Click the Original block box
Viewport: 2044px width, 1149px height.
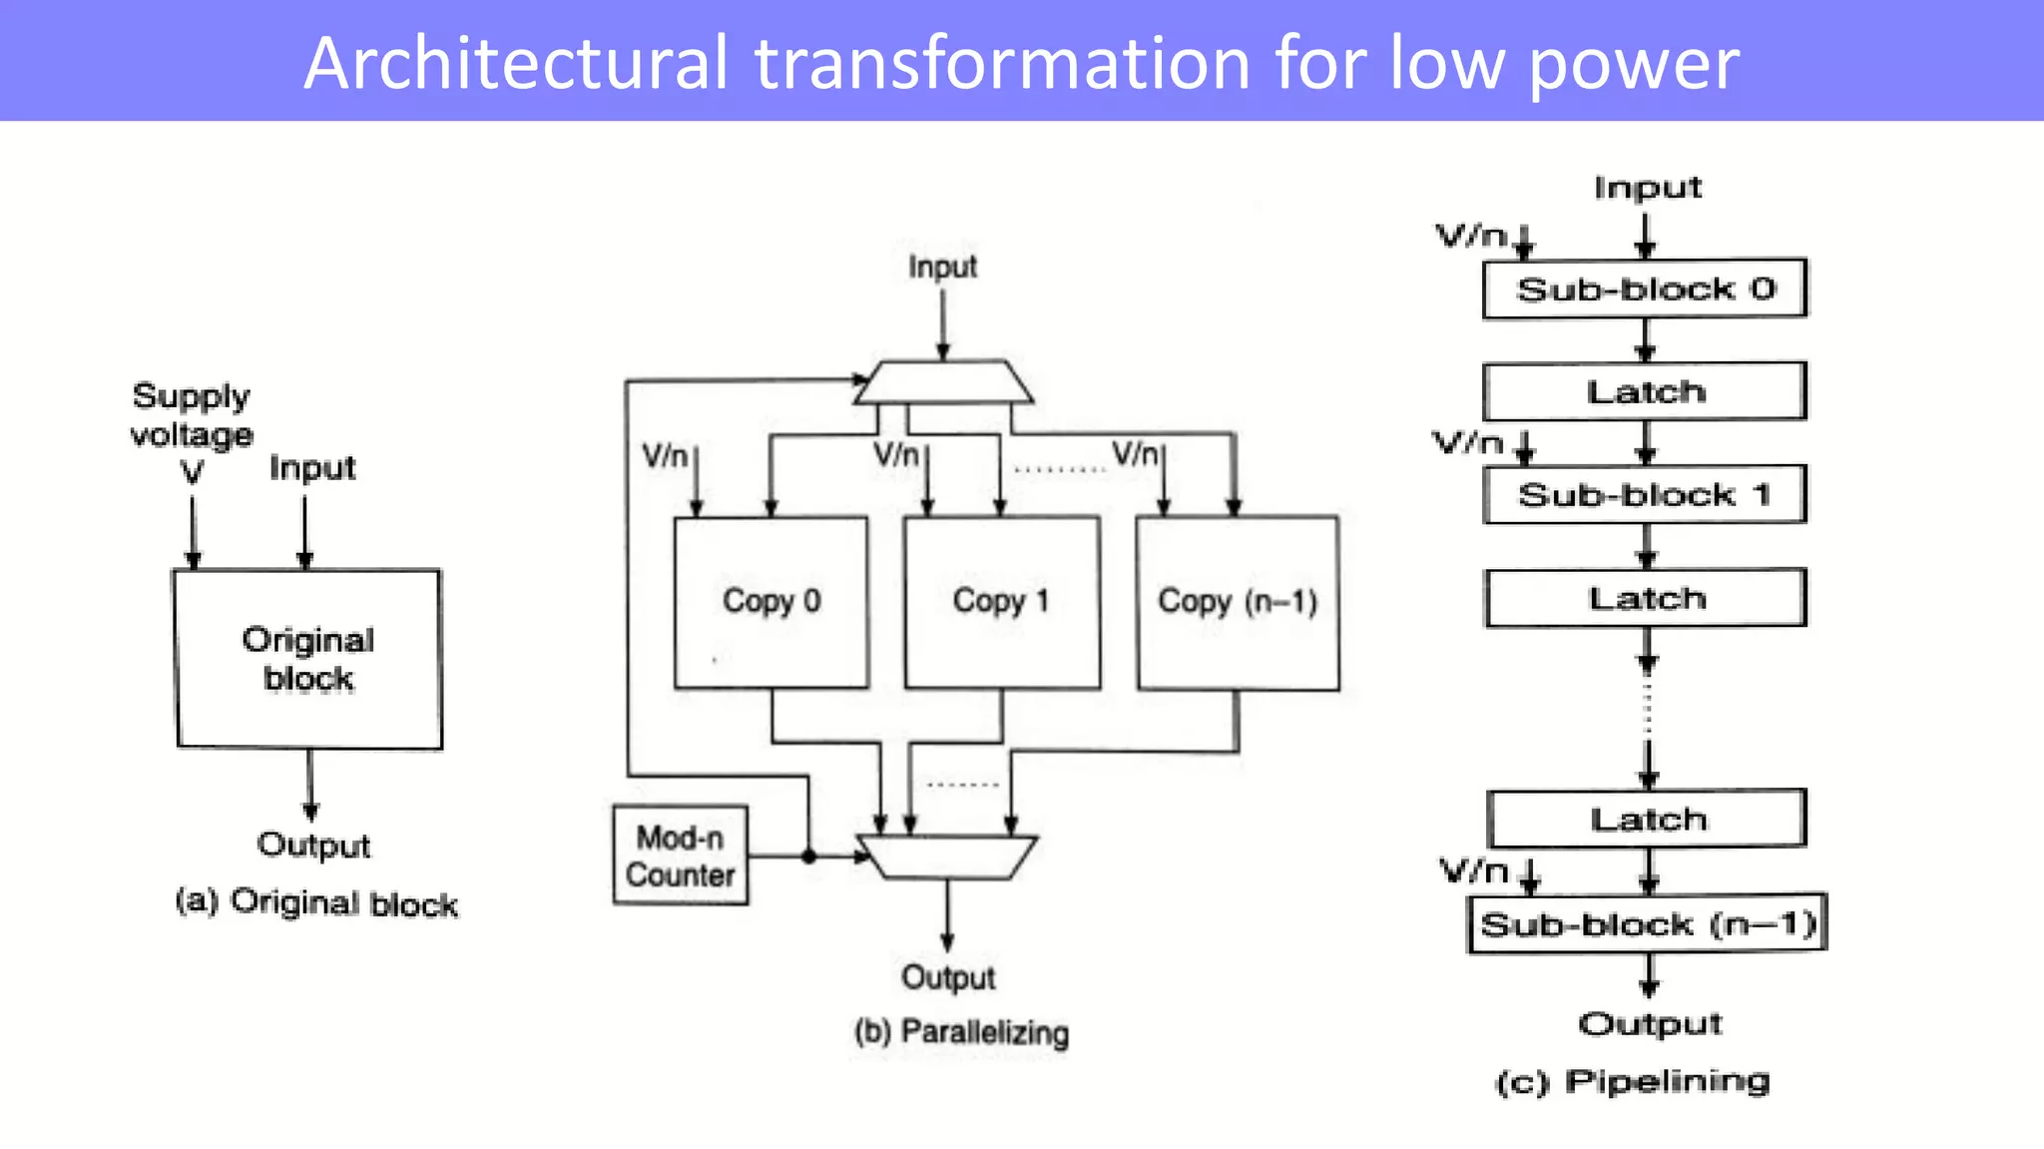pyautogui.click(x=308, y=659)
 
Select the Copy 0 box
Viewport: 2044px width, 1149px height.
pyautogui.click(x=770, y=602)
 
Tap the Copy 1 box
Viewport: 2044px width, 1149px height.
pyautogui.click(x=1001, y=602)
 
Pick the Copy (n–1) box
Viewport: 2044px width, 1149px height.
pyautogui.click(x=1237, y=602)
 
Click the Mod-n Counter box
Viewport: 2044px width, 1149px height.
pyautogui.click(x=680, y=856)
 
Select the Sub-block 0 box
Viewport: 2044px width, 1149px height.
pyautogui.click(x=1645, y=289)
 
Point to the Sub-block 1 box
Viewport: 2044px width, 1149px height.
pyautogui.click(x=1645, y=494)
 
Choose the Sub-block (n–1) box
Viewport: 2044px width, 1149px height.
pyautogui.click(x=1647, y=924)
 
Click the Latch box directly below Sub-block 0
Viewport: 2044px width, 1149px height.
pyautogui.click(x=1645, y=391)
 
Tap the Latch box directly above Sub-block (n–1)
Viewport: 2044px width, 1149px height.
pyautogui.click(x=1647, y=819)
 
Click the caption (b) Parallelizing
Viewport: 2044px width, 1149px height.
pyautogui.click(x=961, y=1031)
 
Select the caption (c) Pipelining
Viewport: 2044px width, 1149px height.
pyautogui.click(x=1633, y=1081)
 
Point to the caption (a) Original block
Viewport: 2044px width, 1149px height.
pyautogui.click(x=316, y=902)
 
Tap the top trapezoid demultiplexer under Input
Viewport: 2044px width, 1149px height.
pyautogui.click(x=942, y=382)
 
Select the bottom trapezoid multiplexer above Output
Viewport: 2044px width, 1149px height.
pyautogui.click(x=947, y=857)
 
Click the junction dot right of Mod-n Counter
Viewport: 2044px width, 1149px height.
pyautogui.click(x=808, y=857)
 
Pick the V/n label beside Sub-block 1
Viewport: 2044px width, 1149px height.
pyautogui.click(x=1468, y=442)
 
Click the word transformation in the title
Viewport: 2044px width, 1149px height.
pyautogui.click(x=1002, y=63)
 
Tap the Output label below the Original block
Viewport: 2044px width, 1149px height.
pyautogui.click(x=313, y=846)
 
